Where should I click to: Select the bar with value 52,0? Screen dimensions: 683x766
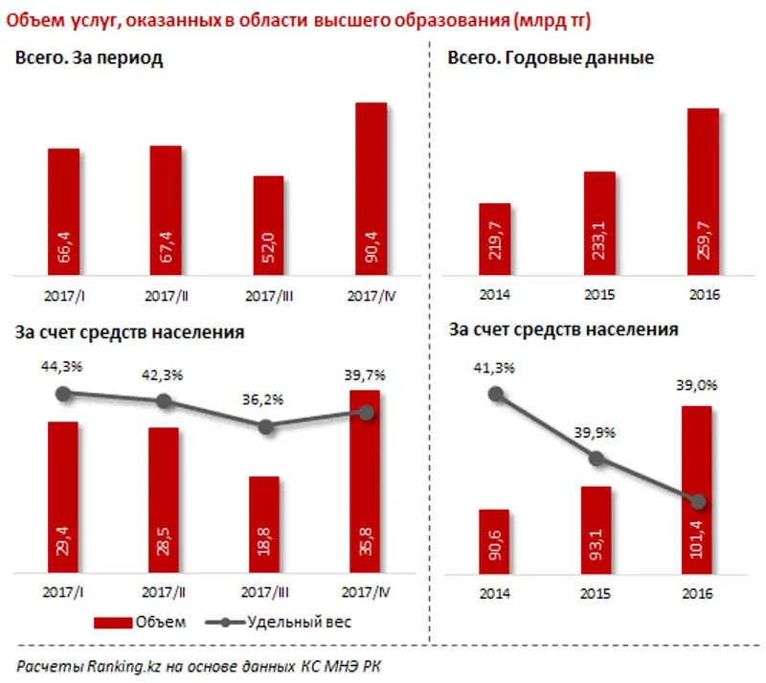click(268, 226)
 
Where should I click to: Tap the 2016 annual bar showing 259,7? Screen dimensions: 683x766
click(704, 192)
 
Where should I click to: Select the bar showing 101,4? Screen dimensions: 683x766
click(696, 489)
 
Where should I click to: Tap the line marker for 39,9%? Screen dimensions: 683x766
click(597, 459)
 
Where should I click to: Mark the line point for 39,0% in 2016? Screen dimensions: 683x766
click(698, 502)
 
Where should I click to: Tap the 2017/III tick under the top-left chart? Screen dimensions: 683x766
click(269, 297)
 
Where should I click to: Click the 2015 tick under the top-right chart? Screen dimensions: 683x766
click(599, 296)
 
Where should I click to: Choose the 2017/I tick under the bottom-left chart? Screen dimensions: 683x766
click(62, 592)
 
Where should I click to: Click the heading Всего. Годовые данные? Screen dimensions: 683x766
click(551, 58)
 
